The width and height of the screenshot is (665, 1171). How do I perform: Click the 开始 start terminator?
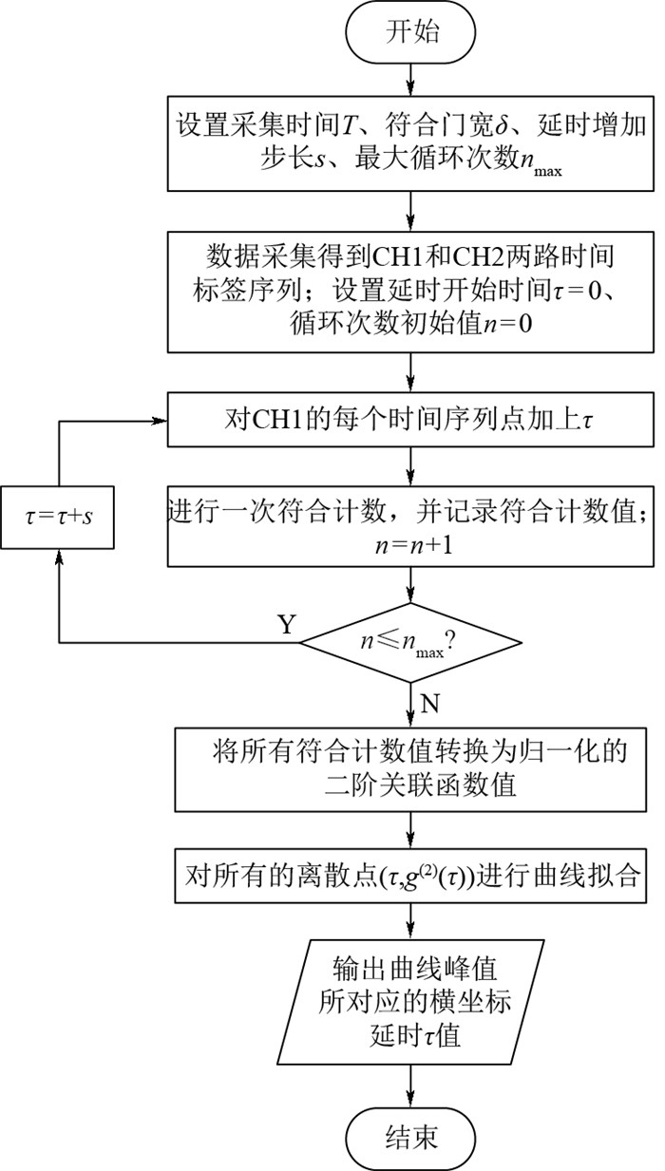[x=411, y=31]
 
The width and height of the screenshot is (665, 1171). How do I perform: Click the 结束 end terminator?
[x=411, y=1137]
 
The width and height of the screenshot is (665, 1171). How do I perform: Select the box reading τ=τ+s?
[x=60, y=519]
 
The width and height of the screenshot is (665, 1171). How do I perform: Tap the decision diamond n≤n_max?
[x=411, y=644]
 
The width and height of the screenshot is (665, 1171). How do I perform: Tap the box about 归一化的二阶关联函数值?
[x=411, y=769]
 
